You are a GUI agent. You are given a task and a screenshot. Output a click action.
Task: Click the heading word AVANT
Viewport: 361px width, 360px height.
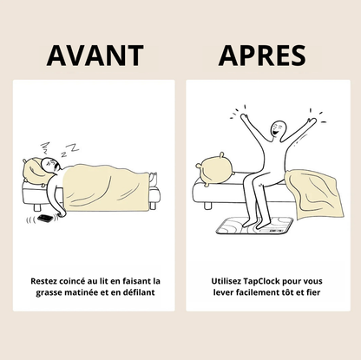coord(95,56)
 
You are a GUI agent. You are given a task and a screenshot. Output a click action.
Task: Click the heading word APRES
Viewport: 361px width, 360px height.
coord(262,56)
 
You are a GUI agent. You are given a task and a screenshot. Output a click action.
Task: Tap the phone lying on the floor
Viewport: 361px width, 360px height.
coord(45,219)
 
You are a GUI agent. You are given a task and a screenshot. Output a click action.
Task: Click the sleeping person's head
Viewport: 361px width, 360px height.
coord(50,165)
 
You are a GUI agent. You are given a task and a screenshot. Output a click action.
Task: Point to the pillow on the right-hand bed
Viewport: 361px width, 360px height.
coord(214,169)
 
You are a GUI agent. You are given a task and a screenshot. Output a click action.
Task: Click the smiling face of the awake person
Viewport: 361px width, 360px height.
coord(278,128)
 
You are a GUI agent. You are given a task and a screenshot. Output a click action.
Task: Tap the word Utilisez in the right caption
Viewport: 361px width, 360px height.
coord(226,281)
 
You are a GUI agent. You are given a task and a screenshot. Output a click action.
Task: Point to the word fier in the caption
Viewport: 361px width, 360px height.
coord(313,292)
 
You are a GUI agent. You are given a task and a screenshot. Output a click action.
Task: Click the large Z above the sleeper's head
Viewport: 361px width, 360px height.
coord(75,147)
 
